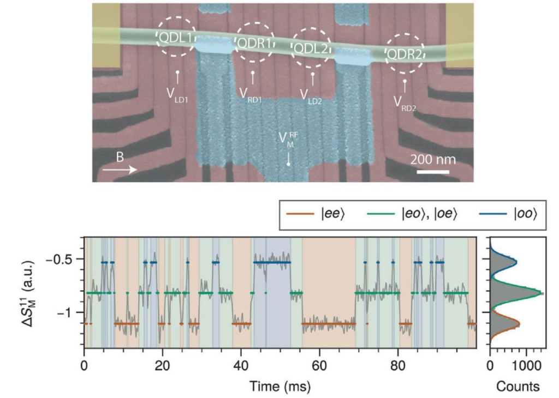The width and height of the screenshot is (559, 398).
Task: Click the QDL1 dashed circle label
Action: point(176,39)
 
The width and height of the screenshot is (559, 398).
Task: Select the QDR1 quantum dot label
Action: point(253,43)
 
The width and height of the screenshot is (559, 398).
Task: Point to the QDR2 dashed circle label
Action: point(405,54)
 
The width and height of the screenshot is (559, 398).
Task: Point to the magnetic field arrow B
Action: point(120,168)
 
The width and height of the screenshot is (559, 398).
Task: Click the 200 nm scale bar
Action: point(433,172)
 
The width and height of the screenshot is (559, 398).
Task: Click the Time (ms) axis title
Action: point(280,387)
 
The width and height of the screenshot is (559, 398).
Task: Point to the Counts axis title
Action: point(518,387)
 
